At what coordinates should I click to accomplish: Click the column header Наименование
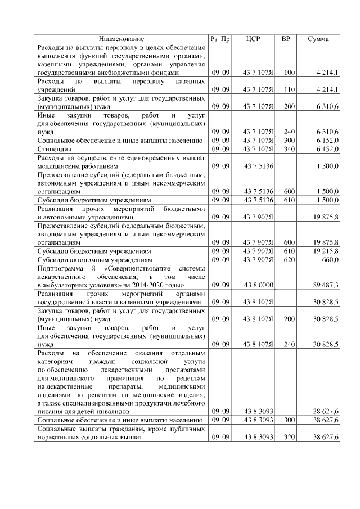click(x=121, y=39)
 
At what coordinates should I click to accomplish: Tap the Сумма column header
click(x=318, y=39)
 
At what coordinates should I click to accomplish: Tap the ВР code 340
click(x=289, y=149)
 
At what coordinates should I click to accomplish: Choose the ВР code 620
click(x=289, y=260)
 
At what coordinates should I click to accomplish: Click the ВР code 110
click(x=289, y=89)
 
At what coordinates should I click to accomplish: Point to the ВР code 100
click(x=289, y=73)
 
